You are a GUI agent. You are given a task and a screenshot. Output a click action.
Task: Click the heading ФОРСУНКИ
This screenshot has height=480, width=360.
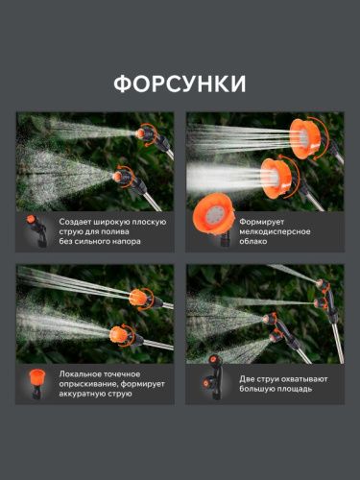180,84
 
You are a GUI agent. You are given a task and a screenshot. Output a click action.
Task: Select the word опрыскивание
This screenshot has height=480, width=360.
87,383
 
